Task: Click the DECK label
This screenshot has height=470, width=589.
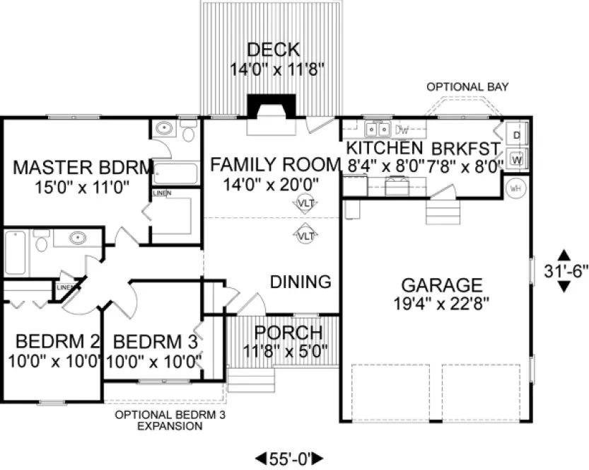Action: tap(273, 51)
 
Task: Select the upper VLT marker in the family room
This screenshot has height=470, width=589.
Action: tap(305, 203)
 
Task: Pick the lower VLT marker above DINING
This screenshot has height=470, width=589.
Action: tap(305, 235)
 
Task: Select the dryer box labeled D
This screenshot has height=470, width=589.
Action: tap(517, 134)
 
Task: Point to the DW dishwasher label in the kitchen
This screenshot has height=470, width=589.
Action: tap(402, 130)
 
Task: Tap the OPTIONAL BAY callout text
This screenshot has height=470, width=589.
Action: tap(467, 87)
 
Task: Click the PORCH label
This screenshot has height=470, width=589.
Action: tap(288, 332)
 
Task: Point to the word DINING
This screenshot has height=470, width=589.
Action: tap(301, 282)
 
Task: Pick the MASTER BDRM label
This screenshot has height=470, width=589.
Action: tap(83, 168)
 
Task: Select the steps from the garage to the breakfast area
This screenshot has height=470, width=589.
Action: tap(438, 210)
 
